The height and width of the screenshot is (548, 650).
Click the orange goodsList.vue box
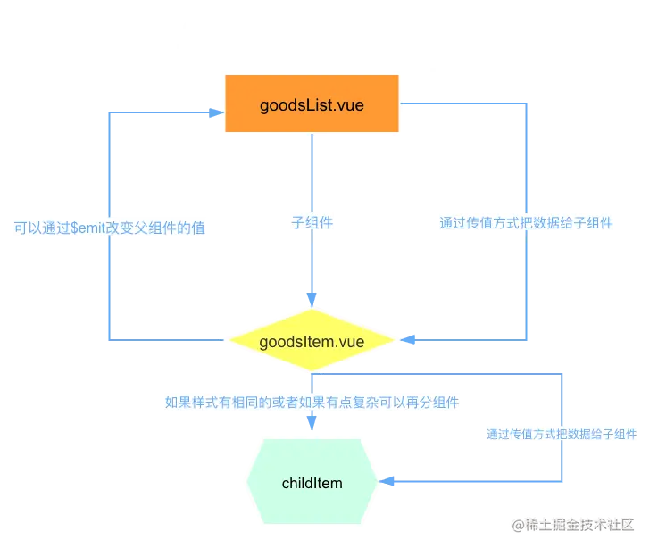coord(312,105)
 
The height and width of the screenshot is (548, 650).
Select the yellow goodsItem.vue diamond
coord(312,341)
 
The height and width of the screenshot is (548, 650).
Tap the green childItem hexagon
coord(312,482)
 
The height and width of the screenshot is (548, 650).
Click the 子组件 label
coord(312,224)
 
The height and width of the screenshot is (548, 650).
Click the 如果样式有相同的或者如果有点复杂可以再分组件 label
coord(312,403)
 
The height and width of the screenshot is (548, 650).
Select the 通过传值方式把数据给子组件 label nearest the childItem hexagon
coord(562,435)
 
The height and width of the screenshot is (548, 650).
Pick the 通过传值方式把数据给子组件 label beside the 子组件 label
coord(525,224)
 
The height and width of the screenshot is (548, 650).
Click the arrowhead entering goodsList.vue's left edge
coord(214,113)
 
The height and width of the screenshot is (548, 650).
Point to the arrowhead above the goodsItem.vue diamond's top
coord(312,295)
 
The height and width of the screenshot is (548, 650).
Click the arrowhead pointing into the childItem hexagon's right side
coord(388,481)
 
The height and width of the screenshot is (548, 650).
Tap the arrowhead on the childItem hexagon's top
coord(312,428)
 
